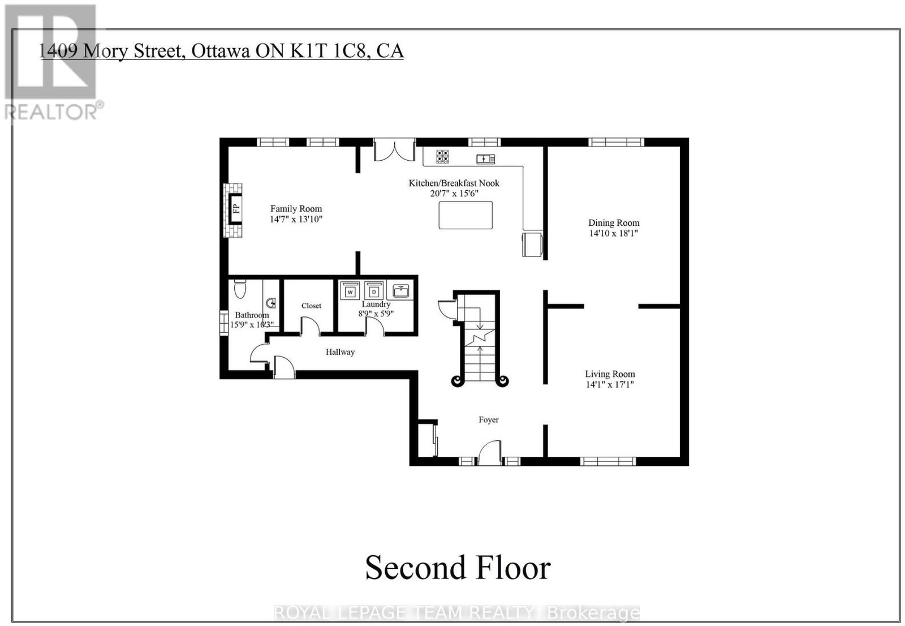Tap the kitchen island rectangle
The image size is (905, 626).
(x=466, y=215)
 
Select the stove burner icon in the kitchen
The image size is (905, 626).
(x=442, y=156)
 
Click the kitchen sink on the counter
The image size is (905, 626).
(x=486, y=159)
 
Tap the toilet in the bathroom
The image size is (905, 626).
(x=240, y=289)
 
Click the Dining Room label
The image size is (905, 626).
(x=614, y=223)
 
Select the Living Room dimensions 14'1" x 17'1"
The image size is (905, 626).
(x=610, y=384)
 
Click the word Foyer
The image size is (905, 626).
(x=489, y=420)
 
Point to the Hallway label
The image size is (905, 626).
(x=340, y=352)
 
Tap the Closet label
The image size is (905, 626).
(x=311, y=306)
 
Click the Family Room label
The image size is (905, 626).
(x=296, y=209)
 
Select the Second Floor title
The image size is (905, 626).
(x=458, y=568)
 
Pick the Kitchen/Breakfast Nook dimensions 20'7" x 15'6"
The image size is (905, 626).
(x=454, y=194)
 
